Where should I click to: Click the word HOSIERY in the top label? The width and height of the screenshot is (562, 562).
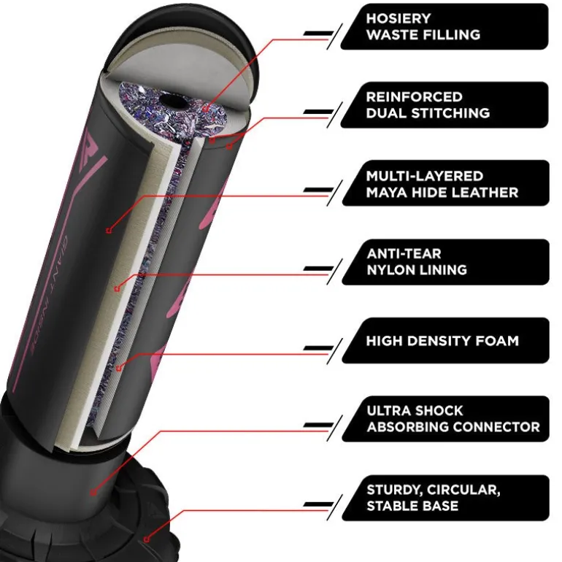point(399,19)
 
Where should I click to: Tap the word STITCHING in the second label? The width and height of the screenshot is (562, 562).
point(450,113)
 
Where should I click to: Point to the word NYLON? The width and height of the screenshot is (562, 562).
point(391,270)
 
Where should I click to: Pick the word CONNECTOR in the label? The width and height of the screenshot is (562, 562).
point(496,427)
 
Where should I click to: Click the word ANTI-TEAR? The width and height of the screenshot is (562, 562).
point(404,254)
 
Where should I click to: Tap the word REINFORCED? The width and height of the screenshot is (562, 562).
point(415,97)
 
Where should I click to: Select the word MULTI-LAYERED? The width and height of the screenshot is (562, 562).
point(425,176)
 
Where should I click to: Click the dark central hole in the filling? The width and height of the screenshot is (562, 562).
point(173,100)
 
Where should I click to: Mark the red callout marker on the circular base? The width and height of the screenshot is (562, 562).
point(146,539)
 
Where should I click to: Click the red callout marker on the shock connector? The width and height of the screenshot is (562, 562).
point(93,493)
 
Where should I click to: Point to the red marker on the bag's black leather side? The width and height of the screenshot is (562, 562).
point(109,231)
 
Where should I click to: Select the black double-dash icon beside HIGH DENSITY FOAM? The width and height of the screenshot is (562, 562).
point(318,347)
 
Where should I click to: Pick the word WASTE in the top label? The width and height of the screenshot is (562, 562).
point(392,35)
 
